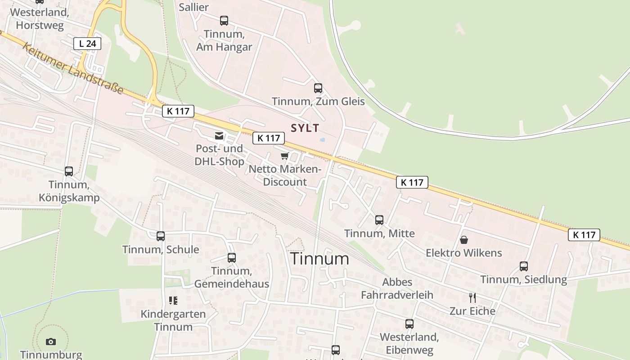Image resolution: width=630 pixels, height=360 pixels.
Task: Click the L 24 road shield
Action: point(87,44)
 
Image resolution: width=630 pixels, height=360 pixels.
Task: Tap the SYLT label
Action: point(305,128)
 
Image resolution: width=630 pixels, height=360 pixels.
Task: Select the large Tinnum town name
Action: point(319,259)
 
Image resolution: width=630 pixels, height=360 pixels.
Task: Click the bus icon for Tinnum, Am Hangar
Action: point(224,20)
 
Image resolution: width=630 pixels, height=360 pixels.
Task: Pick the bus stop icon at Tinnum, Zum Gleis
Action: point(318,88)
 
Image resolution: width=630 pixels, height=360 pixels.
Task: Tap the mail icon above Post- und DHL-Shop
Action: point(219,135)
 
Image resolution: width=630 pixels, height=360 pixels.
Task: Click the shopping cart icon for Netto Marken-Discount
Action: point(284,156)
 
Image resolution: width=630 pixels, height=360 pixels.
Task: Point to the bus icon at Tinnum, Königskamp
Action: point(69,171)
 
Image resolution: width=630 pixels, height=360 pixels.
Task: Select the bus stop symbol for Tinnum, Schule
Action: point(161,236)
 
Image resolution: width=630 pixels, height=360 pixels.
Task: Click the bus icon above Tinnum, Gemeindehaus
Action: point(232,257)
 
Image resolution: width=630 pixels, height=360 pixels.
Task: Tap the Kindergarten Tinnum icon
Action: point(173,300)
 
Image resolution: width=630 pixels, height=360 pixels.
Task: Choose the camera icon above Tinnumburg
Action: point(51,342)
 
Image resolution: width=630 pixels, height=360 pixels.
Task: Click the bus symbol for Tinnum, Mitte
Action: point(379,220)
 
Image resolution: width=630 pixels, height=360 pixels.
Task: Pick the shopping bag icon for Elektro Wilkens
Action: point(464,239)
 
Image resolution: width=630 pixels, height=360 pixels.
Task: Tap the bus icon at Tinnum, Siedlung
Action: point(524,266)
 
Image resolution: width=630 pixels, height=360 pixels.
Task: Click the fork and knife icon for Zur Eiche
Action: point(472,297)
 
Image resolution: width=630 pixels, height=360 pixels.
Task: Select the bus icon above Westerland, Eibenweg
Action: point(409,324)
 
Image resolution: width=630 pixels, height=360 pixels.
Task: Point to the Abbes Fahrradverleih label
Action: point(397,288)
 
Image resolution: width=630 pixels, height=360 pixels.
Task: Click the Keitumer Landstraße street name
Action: point(72,68)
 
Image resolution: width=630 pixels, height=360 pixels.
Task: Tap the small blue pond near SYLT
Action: point(322,140)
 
